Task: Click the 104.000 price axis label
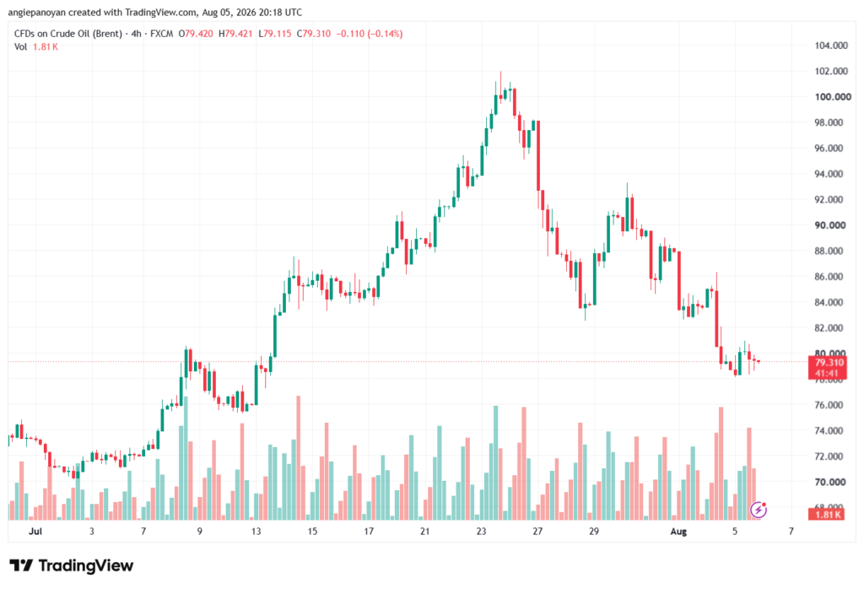point(831,46)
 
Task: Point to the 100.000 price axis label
point(833,97)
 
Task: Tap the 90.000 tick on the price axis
point(830,225)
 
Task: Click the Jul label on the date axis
point(35,531)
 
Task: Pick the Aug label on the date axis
point(678,531)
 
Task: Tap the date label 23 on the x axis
point(481,531)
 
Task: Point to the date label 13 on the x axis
point(256,531)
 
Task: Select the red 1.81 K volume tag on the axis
point(827,515)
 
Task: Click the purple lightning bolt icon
point(759,511)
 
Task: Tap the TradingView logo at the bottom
point(72,565)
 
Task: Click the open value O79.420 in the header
point(196,34)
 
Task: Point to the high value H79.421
point(235,34)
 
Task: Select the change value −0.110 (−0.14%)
point(370,34)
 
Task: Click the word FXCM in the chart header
point(161,34)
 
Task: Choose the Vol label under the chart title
point(20,47)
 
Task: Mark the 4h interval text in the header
point(136,34)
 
